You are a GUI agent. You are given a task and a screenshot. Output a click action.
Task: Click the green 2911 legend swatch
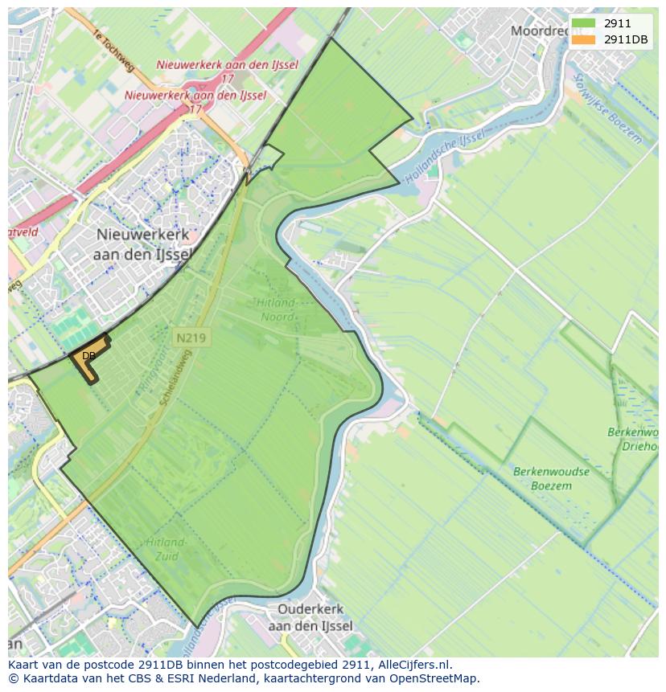[584, 24]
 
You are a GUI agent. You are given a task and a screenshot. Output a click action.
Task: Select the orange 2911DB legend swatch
[584, 39]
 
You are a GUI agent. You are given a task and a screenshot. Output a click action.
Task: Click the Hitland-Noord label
[277, 309]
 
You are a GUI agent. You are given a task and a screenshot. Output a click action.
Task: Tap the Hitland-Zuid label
[166, 550]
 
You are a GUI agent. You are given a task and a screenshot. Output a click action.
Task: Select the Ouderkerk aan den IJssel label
[310, 617]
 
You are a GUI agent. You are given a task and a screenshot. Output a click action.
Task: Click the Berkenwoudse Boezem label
[551, 478]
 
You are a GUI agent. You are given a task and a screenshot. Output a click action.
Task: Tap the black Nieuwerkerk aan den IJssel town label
[143, 244]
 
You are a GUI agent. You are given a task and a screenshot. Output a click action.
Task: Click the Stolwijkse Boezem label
[610, 109]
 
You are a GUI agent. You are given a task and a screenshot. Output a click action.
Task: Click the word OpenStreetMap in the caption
[439, 678]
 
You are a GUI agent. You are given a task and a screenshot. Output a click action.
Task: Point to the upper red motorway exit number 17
[227, 80]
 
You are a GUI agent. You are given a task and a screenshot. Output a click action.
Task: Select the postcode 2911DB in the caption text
[153, 665]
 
